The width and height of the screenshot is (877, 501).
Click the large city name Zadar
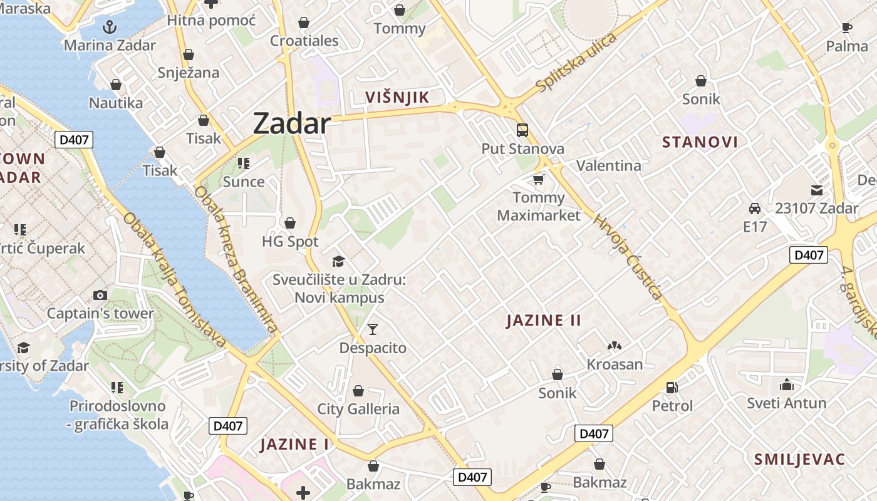[291, 124]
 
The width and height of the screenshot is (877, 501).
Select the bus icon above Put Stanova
[522, 130]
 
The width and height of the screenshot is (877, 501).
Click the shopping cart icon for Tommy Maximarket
[538, 180]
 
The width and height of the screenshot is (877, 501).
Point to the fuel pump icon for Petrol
[672, 388]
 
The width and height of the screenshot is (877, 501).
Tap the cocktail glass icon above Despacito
[373, 329]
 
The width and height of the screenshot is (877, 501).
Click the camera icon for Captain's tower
[100, 295]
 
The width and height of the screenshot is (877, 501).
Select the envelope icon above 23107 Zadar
[817, 190]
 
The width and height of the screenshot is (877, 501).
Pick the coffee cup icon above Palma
[847, 28]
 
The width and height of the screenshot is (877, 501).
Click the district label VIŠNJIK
[397, 97]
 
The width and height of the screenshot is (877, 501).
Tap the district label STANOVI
[700, 142]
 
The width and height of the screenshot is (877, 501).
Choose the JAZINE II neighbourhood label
[544, 321]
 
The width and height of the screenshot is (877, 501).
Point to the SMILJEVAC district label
[799, 459]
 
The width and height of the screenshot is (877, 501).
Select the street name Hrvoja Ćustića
[628, 257]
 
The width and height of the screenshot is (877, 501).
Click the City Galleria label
[358, 409]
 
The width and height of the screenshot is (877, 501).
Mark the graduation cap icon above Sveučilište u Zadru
[338, 261]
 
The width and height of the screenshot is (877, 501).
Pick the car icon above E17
[755, 209]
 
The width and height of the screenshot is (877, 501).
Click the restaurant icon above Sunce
[244, 164]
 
